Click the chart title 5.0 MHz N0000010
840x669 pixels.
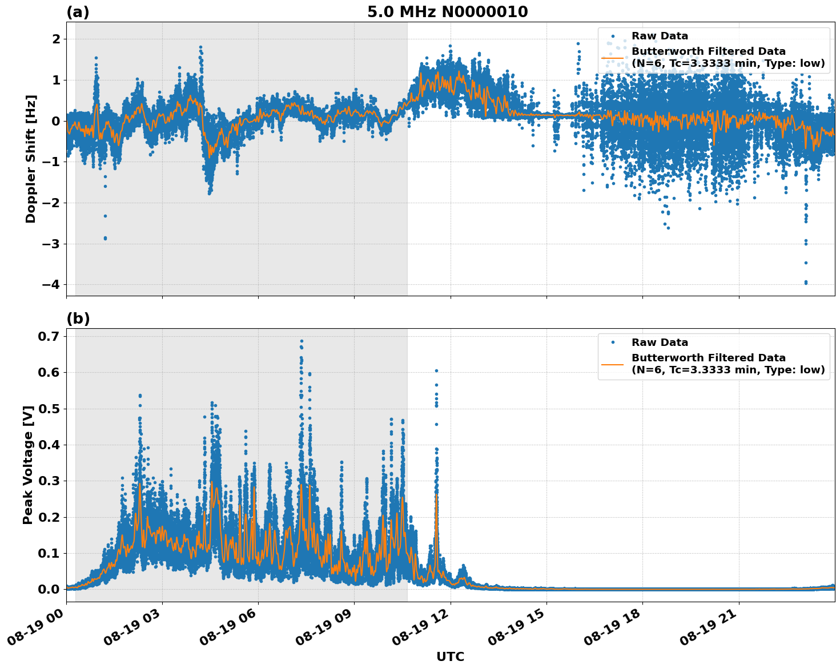(x=447, y=12)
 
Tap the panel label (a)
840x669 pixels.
(x=78, y=12)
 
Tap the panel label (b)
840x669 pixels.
(x=78, y=319)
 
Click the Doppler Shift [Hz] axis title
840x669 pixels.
(x=31, y=159)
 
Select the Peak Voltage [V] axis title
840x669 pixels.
(x=28, y=465)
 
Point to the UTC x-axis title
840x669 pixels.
(x=450, y=656)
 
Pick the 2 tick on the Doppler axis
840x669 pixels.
(x=57, y=39)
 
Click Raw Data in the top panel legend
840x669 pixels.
(x=660, y=37)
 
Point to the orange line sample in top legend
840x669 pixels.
(x=613, y=58)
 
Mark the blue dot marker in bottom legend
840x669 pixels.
(x=613, y=342)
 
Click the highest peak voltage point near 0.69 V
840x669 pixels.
(x=302, y=341)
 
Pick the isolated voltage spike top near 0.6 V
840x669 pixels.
(x=436, y=371)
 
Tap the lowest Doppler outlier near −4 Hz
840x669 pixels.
(x=806, y=283)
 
